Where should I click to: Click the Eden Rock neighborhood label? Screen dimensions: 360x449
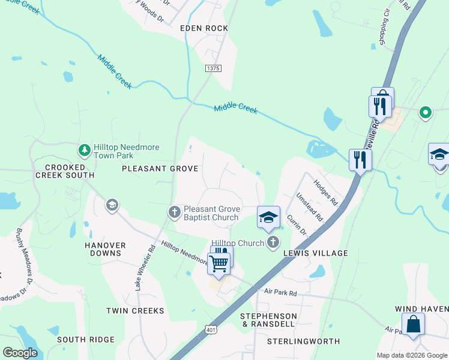[x=204, y=28]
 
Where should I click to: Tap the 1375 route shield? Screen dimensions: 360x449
[x=212, y=69]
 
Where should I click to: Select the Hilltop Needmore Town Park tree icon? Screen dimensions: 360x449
[x=85, y=149]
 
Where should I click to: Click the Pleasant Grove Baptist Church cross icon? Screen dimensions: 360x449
[x=175, y=212]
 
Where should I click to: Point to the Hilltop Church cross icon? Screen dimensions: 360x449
[x=273, y=242]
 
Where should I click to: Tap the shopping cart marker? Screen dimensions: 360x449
[x=219, y=262]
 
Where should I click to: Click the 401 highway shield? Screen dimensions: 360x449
[x=209, y=329]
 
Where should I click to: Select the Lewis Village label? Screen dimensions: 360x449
[x=316, y=253]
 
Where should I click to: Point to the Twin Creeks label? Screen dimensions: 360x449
[x=135, y=311]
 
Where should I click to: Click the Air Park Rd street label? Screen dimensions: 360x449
[x=281, y=293]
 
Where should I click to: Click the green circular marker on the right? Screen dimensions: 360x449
[x=426, y=112]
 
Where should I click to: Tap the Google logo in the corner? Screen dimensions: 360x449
[x=20, y=353]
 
